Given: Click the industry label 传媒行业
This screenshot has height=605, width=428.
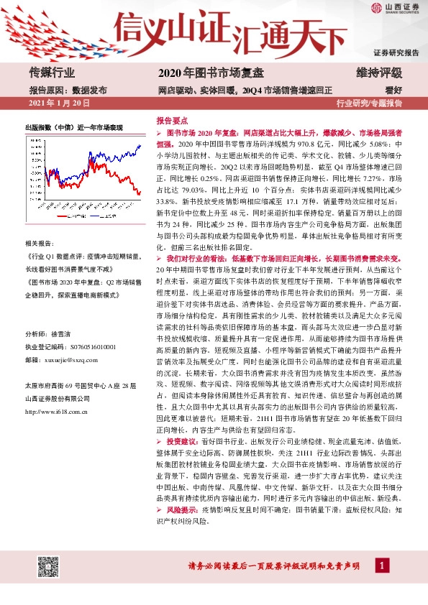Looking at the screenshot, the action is (51, 73).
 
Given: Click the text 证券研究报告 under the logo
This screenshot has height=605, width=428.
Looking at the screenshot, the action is (396, 53).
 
